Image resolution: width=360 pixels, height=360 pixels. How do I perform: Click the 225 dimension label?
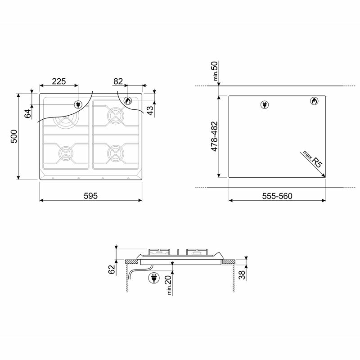(59, 81)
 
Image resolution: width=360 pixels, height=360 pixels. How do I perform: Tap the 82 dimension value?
(118, 81)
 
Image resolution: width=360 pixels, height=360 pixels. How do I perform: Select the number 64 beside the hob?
(28, 113)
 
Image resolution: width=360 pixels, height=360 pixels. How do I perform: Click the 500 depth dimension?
(14, 136)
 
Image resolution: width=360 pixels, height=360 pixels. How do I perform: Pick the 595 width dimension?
(90, 196)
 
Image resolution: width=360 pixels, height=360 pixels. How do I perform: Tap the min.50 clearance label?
(216, 72)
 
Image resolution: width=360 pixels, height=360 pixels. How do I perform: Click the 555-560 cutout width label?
(277, 196)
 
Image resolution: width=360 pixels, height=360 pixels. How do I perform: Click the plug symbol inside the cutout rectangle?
(265, 105)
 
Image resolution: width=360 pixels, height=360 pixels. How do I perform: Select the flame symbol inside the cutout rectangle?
(314, 101)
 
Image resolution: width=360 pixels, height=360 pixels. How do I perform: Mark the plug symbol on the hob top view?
(78, 104)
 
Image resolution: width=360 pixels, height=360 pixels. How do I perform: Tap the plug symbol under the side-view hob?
(153, 279)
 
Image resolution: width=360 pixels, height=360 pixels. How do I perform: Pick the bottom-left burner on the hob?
(66, 153)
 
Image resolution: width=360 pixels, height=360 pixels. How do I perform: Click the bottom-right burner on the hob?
(115, 153)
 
